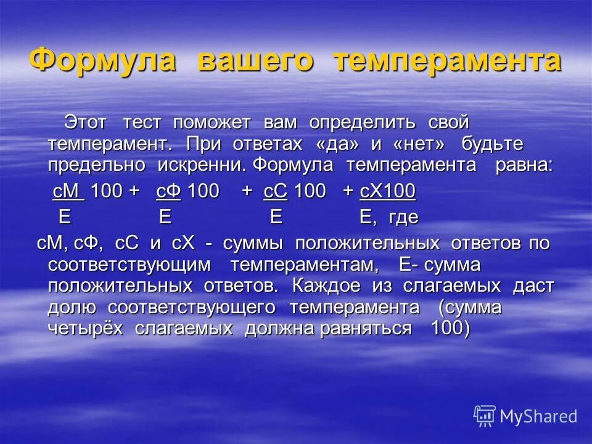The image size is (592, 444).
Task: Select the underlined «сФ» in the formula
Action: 168,192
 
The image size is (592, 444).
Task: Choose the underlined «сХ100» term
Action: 387,192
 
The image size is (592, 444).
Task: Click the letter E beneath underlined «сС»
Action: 276,217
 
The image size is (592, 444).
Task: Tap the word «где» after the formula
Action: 405,218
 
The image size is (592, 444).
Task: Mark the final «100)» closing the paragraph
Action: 451,328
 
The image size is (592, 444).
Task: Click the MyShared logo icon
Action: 485,416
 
